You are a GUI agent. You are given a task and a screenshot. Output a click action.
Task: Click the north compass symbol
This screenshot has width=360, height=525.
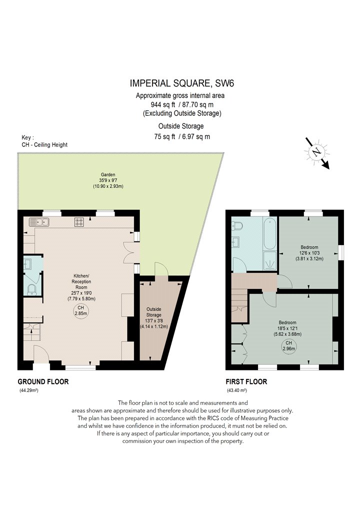(317, 152)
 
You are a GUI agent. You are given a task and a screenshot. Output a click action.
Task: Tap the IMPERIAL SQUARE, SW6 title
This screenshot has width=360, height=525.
(182, 83)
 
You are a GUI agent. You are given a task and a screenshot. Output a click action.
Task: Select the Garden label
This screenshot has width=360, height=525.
(108, 174)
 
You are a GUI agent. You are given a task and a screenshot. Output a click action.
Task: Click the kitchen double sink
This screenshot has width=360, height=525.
(39, 221)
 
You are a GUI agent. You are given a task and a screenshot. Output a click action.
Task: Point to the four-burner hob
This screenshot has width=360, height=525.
(79, 221)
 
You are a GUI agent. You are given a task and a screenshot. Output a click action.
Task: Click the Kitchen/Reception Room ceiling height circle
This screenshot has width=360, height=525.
(80, 310)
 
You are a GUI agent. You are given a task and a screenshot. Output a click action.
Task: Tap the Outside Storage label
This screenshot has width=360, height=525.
(153, 311)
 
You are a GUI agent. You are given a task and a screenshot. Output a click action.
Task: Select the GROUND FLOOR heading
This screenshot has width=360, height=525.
(43, 381)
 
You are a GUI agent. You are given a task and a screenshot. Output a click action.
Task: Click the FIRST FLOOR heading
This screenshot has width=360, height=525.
(246, 381)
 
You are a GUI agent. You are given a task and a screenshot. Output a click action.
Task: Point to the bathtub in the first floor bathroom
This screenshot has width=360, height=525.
(270, 233)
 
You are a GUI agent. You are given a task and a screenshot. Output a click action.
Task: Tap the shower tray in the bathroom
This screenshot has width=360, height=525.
(270, 260)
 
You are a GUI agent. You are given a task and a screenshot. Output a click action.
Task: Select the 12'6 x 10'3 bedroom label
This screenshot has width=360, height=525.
(309, 253)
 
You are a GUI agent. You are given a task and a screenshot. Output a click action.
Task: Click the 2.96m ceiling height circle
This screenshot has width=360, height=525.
(288, 345)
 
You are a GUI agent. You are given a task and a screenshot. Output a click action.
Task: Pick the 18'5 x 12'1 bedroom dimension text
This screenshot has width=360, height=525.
(287, 331)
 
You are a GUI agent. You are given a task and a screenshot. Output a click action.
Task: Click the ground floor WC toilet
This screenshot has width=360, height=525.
(32, 289)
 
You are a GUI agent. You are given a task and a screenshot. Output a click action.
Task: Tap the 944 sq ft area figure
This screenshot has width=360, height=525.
(163, 104)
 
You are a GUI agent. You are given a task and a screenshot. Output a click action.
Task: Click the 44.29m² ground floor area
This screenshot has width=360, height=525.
(29, 390)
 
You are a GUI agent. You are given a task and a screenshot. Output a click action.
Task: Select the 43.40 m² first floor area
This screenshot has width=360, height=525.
(237, 390)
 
